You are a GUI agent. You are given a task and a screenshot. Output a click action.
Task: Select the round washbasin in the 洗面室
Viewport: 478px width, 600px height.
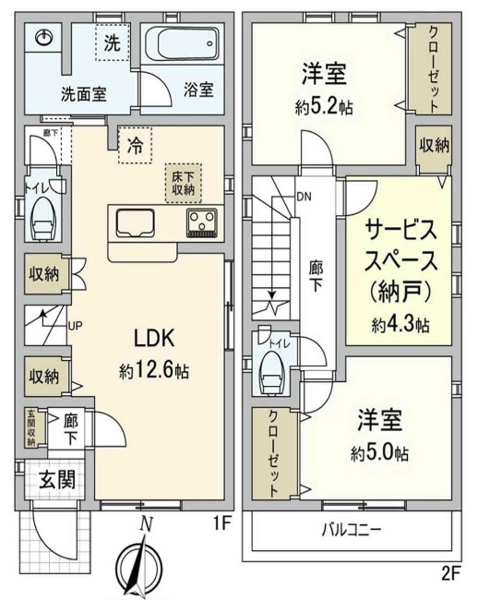click(x=43, y=37)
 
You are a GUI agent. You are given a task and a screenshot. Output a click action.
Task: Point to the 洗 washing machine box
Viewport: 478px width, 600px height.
click(x=112, y=42)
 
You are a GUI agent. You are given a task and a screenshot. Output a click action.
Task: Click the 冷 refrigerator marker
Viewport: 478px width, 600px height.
click(x=135, y=145)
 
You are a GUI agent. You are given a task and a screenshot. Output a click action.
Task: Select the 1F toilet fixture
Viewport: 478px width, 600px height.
click(x=42, y=217)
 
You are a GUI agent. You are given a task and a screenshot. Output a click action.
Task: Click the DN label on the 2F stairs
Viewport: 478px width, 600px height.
click(x=304, y=196)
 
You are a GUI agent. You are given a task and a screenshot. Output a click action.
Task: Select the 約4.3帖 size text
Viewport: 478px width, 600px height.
click(x=400, y=324)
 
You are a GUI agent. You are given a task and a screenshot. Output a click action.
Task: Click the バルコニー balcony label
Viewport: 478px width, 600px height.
click(x=352, y=530)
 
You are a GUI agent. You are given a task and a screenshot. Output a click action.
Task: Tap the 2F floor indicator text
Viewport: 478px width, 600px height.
click(x=449, y=573)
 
